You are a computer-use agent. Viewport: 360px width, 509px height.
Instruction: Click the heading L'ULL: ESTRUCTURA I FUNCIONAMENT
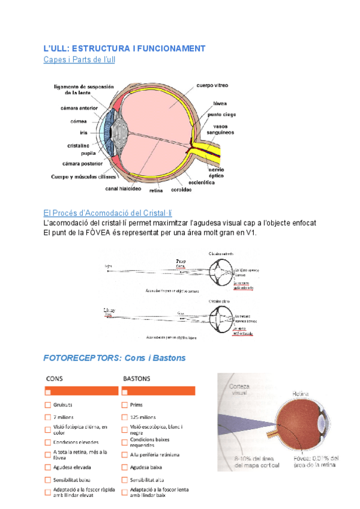coord(124,48)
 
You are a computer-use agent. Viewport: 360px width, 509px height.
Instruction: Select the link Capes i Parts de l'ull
coord(79,59)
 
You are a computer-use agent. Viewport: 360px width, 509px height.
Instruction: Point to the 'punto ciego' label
coord(222,114)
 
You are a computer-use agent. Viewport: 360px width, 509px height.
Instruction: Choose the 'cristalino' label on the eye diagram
coord(78,145)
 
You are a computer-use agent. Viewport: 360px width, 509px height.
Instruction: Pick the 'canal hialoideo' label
coord(123,188)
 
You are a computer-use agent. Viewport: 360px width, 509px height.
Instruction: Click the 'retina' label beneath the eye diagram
coord(156,190)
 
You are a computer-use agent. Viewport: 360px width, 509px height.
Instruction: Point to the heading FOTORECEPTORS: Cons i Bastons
coord(115,358)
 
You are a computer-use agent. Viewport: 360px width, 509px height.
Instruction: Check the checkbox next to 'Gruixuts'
coord(47,405)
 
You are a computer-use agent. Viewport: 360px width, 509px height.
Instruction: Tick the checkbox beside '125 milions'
coord(125,417)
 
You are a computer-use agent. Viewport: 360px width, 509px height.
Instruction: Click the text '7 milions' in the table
coord(64,417)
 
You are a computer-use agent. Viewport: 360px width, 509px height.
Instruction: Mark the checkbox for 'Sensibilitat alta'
coord(125,480)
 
